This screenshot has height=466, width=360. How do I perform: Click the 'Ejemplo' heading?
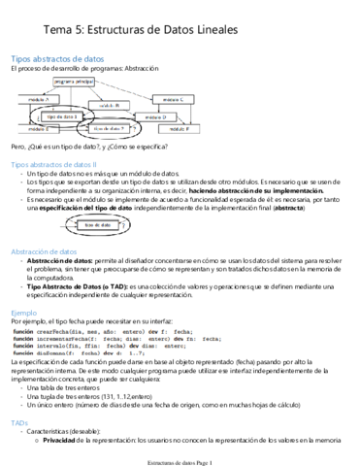pos(24,314)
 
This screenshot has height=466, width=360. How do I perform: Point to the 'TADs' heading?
pos(20,423)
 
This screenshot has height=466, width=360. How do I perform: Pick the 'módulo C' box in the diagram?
pos(173,99)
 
